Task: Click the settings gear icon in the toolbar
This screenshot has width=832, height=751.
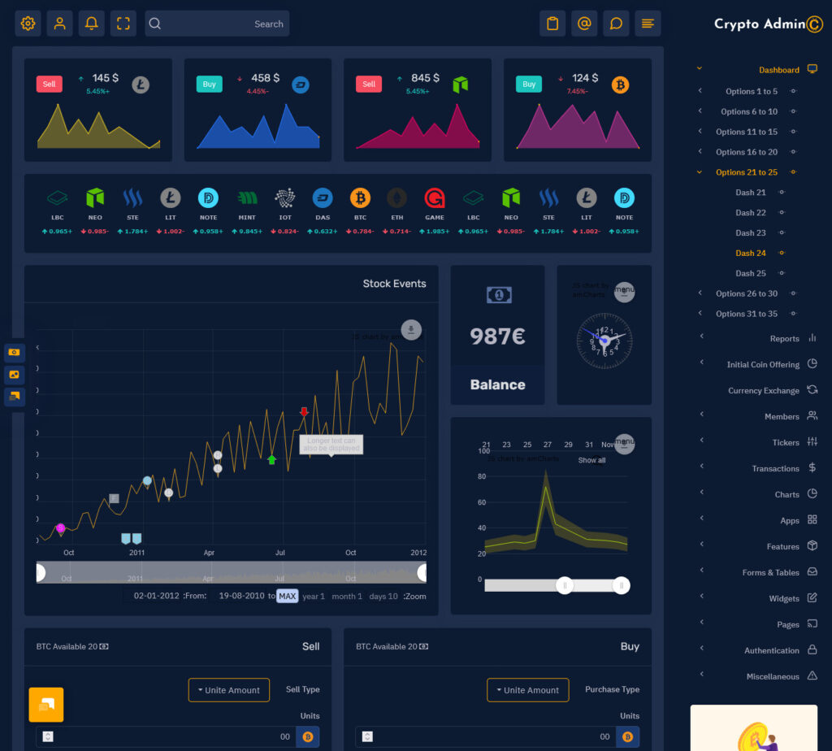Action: coord(28,24)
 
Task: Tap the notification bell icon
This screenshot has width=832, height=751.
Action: coord(92,24)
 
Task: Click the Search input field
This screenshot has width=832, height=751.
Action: coord(217,24)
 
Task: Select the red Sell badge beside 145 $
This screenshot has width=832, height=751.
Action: coord(50,84)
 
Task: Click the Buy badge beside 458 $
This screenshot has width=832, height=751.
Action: coord(209,84)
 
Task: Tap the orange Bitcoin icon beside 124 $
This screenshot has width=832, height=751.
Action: coord(621,85)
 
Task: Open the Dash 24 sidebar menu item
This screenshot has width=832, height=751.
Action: coord(751,253)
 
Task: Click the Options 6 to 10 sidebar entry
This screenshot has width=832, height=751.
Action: coord(748,111)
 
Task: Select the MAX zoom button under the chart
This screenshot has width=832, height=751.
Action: coord(288,596)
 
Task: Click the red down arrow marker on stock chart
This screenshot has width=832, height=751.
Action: coord(304,412)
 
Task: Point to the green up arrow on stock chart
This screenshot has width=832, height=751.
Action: coord(272,460)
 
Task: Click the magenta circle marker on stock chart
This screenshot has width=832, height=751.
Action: coord(60,527)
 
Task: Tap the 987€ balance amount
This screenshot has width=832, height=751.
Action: coord(497,336)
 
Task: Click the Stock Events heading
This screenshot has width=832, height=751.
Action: coord(394,284)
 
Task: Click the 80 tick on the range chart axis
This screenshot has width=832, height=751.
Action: coord(482,476)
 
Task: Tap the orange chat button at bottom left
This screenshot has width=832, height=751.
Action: coord(46,704)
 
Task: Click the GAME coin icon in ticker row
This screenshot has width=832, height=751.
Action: coord(435,198)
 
